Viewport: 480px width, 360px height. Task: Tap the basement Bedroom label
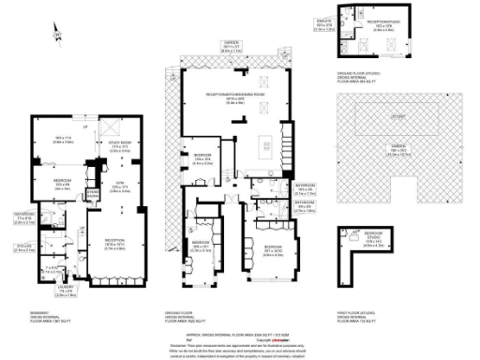tap(62, 184)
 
